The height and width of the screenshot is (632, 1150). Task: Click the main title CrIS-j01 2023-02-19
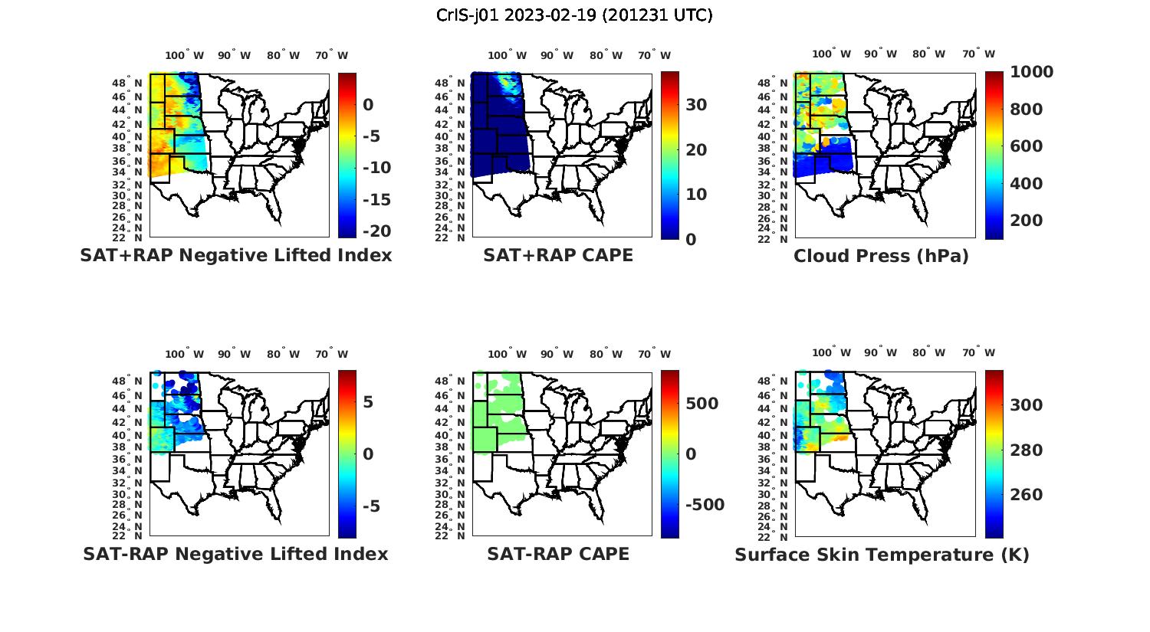click(574, 15)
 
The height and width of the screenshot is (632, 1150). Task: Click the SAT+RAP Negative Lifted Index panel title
click(236, 255)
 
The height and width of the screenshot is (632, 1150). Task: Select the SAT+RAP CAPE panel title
click(558, 255)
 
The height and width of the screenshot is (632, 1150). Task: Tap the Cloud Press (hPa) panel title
click(881, 256)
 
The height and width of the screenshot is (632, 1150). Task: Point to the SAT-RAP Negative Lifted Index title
click(235, 554)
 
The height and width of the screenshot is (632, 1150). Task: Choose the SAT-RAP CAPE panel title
click(558, 554)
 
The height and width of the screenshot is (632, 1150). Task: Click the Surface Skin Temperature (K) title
click(882, 555)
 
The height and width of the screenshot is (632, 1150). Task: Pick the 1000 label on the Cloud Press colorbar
click(1031, 72)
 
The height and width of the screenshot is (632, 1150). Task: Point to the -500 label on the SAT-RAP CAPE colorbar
click(704, 505)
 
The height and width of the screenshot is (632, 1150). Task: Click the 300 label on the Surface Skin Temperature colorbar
click(1026, 405)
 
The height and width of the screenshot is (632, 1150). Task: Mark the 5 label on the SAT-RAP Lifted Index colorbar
click(368, 402)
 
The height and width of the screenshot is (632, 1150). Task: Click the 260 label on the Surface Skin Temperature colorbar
click(1026, 495)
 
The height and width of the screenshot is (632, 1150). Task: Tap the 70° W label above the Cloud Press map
click(978, 54)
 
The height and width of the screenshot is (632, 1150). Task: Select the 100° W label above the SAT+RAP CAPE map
click(507, 55)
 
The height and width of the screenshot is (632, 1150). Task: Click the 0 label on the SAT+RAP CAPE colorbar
click(690, 239)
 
